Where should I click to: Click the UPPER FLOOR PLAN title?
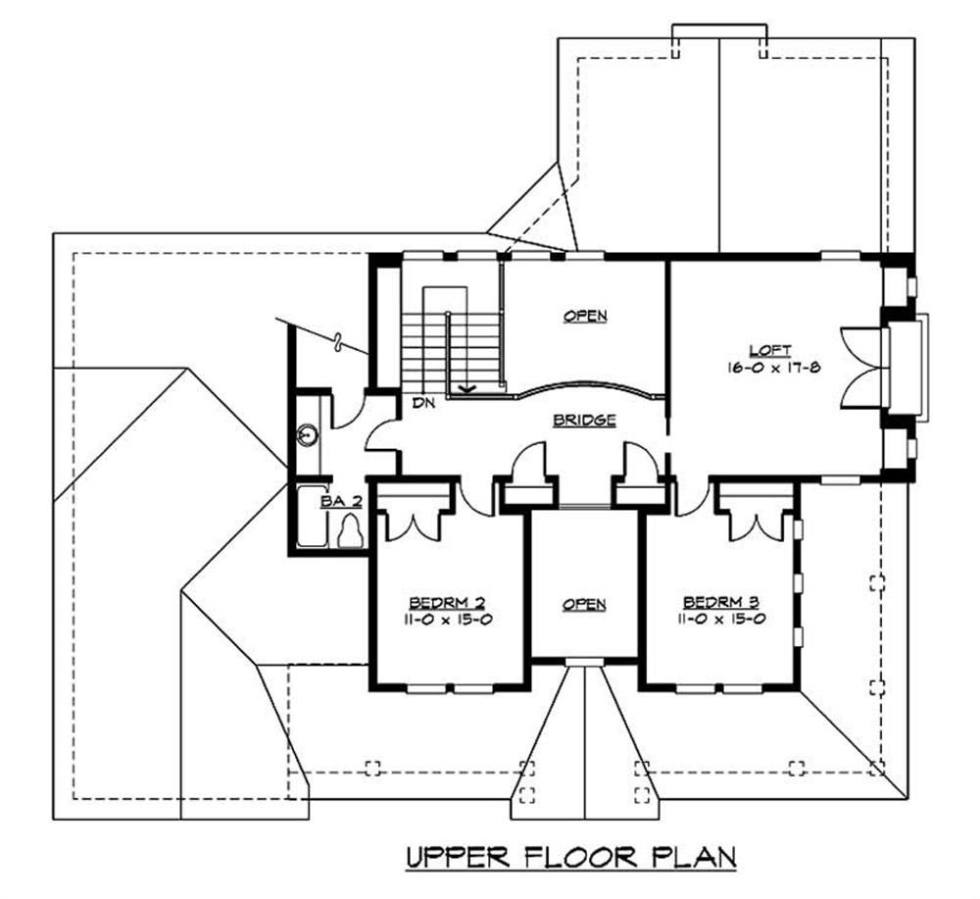click(x=571, y=857)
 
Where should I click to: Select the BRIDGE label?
click(x=584, y=420)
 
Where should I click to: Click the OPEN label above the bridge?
click(x=585, y=316)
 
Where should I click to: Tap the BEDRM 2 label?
click(x=448, y=602)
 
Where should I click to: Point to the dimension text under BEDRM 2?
click(x=448, y=620)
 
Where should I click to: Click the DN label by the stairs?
click(x=423, y=403)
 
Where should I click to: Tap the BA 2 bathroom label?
click(x=338, y=501)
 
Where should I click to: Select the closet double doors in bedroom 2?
click(x=413, y=521)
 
